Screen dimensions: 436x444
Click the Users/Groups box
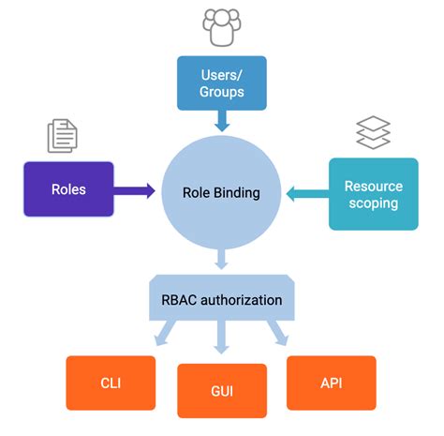pyautogui.click(x=221, y=82)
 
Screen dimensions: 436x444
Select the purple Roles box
pyautogui.click(x=68, y=189)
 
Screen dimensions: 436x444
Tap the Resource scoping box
pyautogui.click(x=373, y=194)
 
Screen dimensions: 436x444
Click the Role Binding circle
pyautogui.click(x=221, y=193)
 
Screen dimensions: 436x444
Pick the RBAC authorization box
pyautogui.click(x=221, y=301)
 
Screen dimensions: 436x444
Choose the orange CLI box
pyautogui.click(x=111, y=383)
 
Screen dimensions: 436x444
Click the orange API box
pyautogui.click(x=331, y=383)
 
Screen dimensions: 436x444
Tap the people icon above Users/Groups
pyautogui.click(x=221, y=27)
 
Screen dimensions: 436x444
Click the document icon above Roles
pyautogui.click(x=62, y=137)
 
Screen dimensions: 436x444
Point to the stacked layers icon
pyautogui.click(x=372, y=134)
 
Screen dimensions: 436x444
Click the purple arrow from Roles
pyautogui.click(x=135, y=190)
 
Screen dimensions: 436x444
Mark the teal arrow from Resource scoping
pyautogui.click(x=305, y=194)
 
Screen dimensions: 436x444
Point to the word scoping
pyautogui.click(x=372, y=203)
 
